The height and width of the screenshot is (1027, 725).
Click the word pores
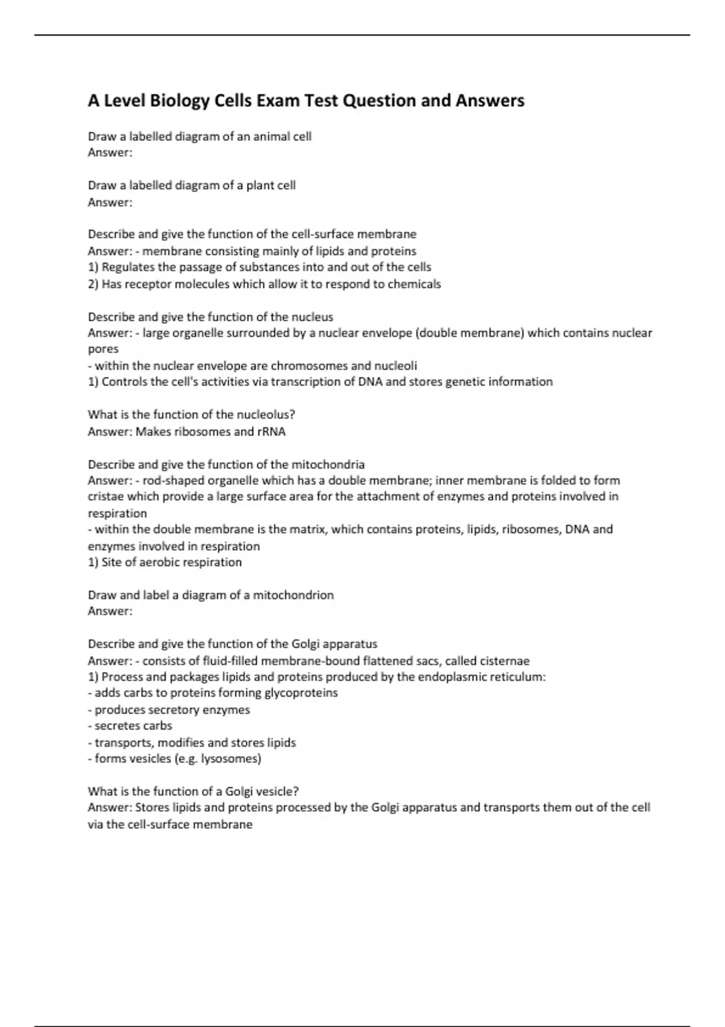[x=103, y=349]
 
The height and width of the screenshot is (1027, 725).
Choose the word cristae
[x=104, y=497]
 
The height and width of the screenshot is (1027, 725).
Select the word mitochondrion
[x=293, y=595]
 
